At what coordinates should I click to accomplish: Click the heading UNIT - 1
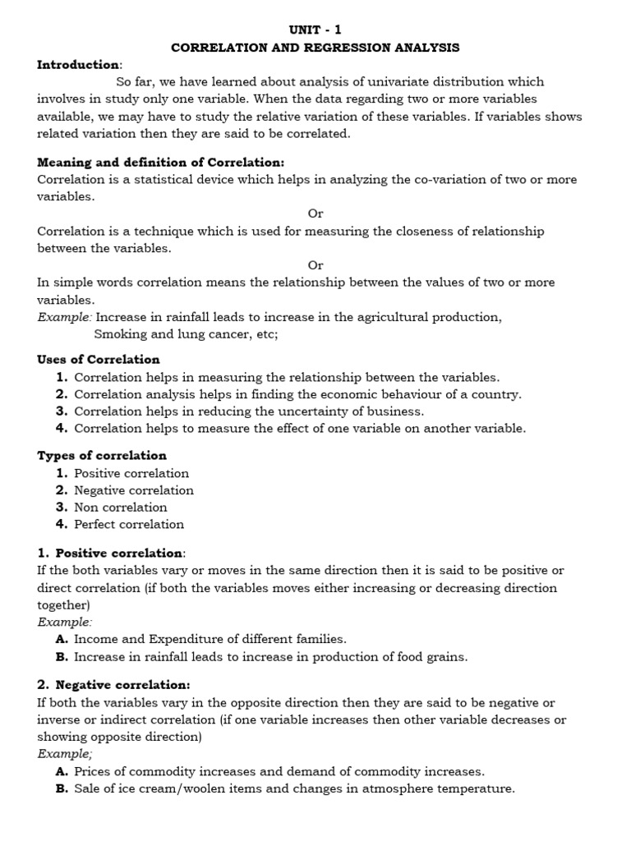click(x=315, y=30)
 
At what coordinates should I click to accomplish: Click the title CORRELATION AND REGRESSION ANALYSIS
click(x=315, y=48)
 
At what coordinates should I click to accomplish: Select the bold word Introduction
click(x=78, y=65)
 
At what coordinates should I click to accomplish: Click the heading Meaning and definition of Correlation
click(x=160, y=163)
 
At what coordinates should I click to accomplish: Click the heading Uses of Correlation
click(x=99, y=360)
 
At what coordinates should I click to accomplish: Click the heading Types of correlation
click(x=102, y=456)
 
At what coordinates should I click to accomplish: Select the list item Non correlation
click(x=121, y=508)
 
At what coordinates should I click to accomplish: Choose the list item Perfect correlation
click(x=129, y=525)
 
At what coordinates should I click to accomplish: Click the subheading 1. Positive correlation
click(x=111, y=553)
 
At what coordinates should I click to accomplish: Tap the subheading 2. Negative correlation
click(x=113, y=685)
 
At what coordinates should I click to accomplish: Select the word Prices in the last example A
click(x=92, y=772)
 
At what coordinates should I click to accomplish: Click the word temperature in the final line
click(x=477, y=789)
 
